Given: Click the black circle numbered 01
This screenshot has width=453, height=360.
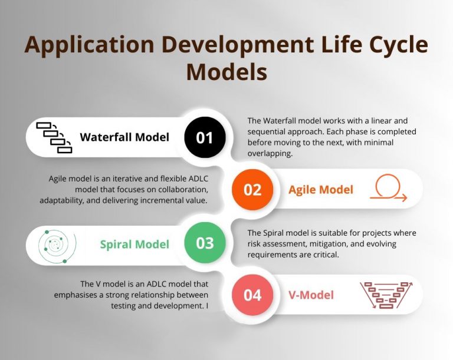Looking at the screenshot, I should coord(205,138).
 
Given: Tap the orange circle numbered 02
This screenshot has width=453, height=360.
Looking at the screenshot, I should coord(252,189).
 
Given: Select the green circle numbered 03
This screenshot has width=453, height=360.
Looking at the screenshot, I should coord(205,243).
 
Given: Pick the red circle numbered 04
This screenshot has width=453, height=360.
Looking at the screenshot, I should coord(252,294).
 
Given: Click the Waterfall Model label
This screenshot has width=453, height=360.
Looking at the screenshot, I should coord(124,137).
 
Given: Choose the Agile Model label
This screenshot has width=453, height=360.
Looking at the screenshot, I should coord(321,190).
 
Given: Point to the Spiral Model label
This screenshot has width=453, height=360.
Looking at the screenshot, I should coord(134,244).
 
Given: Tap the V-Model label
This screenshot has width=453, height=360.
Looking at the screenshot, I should coord(311,295).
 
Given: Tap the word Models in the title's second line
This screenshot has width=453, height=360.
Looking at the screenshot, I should coord(226,72).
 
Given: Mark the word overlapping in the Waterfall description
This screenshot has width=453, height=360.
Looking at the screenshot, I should coord(271,153).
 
